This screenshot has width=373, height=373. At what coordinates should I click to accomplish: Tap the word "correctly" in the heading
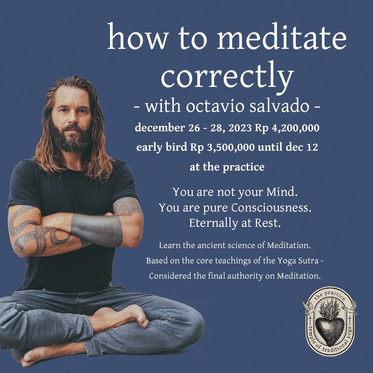tap(227, 76)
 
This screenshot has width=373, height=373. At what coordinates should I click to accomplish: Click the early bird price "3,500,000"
tap(231, 147)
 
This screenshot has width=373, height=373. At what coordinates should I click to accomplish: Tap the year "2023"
tap(240, 128)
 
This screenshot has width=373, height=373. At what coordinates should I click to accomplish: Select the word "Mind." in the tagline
tap(282, 192)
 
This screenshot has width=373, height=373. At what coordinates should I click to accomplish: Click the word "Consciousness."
tap(271, 208)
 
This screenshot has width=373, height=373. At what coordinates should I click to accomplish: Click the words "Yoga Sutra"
tap(298, 261)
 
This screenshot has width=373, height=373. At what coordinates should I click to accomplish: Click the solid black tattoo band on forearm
tap(97, 230)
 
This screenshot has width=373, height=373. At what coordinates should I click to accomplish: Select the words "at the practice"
tap(227, 167)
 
